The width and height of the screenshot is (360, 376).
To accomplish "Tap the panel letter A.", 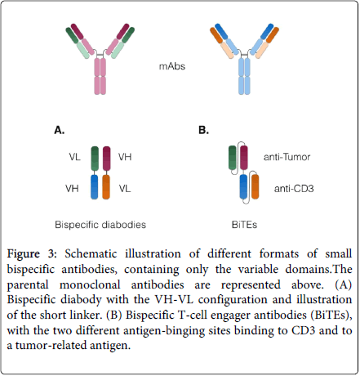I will (x=59, y=129).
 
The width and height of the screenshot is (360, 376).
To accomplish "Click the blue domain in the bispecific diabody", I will (x=95, y=187).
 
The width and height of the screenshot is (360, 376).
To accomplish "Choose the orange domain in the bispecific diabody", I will (x=107, y=187).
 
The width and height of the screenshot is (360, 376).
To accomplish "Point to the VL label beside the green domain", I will (x=76, y=157).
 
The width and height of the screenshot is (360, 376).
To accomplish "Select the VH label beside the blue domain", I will (x=74, y=188).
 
